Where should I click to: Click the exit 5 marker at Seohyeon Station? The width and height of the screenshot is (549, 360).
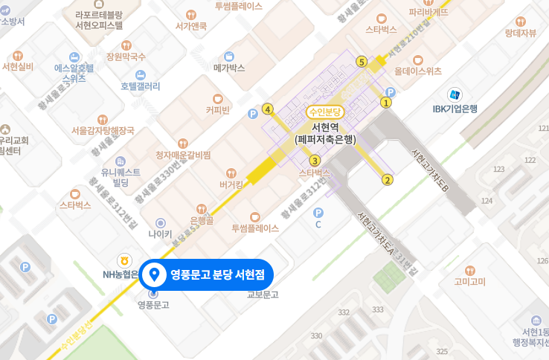(362, 62)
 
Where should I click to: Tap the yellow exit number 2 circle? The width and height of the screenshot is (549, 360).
(387, 179)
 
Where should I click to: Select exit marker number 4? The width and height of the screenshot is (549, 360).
(268, 109)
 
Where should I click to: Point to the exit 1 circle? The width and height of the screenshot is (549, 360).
(385, 103)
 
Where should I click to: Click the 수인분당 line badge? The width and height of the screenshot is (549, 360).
(325, 112)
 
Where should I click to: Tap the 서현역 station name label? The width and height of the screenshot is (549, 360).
(325, 127)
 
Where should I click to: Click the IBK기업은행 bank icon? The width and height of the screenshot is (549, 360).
(454, 94)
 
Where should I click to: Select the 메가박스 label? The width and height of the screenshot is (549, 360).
(229, 68)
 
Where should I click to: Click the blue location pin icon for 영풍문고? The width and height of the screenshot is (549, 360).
(155, 274)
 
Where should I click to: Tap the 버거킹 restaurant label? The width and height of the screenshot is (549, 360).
(233, 184)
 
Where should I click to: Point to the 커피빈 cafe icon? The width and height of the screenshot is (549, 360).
(218, 98)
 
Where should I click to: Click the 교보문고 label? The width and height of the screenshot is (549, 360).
(263, 295)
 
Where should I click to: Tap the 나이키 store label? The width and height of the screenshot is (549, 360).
(160, 234)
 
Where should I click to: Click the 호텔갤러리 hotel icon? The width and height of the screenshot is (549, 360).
(141, 74)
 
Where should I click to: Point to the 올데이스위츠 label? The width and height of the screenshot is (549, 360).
(418, 71)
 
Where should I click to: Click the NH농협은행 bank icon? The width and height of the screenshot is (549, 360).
(123, 260)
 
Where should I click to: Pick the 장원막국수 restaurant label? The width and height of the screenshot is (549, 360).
(126, 57)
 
